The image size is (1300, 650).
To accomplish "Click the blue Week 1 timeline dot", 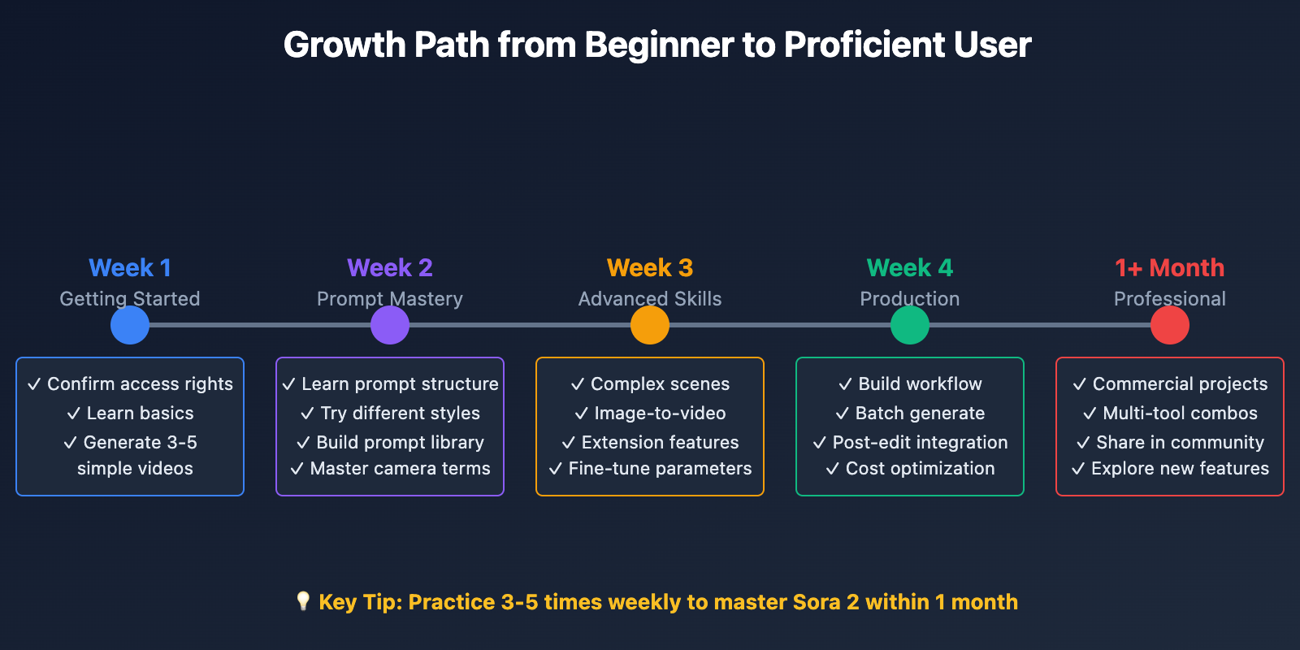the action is (x=130, y=325).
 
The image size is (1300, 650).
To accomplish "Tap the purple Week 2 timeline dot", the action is (x=390, y=325).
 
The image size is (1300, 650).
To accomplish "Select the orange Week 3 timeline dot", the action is (x=650, y=325).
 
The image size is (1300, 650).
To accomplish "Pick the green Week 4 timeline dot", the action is (x=910, y=325).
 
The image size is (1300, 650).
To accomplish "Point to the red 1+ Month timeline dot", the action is (x=1170, y=325).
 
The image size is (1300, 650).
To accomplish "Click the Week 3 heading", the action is (x=650, y=268).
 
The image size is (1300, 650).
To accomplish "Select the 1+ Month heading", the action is (x=1170, y=268).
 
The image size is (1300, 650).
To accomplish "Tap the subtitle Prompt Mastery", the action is (x=390, y=299).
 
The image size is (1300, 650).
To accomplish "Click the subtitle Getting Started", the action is (x=130, y=299).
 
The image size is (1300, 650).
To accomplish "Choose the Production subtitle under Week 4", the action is (x=910, y=299).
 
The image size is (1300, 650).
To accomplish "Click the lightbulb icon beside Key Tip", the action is (x=303, y=600).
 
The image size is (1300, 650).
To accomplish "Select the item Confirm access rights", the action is (x=130, y=384).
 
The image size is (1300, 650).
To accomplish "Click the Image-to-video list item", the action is (x=650, y=414).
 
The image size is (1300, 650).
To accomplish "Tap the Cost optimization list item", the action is (x=910, y=468).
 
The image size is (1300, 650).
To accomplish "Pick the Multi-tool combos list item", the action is (x=1170, y=414).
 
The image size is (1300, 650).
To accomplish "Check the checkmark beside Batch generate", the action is (x=843, y=414).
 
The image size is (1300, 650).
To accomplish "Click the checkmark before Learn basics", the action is (x=74, y=414).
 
